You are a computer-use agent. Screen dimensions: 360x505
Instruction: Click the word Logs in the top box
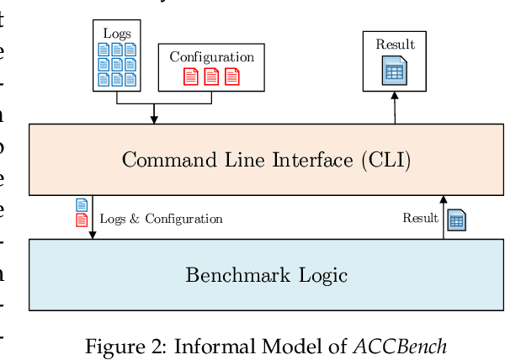[117, 33]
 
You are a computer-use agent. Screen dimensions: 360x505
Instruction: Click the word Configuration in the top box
[211, 57]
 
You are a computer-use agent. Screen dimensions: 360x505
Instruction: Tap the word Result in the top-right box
[395, 45]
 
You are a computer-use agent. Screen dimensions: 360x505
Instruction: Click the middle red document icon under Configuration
[211, 76]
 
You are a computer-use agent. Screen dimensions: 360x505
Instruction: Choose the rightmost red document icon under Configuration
[232, 76]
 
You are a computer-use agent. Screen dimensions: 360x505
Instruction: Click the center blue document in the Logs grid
[117, 64]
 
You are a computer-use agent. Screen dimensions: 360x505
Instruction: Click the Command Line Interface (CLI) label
[266, 160]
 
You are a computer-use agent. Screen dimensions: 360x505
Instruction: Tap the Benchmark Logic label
[266, 274]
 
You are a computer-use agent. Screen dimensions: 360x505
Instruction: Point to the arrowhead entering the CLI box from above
[153, 119]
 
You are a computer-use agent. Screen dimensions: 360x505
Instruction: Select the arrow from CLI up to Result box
[394, 108]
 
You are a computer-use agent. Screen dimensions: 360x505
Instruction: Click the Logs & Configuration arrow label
[161, 219]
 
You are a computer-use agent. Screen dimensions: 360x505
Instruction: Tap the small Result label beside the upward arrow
[420, 219]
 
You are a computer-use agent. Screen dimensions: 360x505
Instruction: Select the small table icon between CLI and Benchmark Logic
[458, 221]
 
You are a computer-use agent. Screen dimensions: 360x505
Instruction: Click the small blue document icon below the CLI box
[82, 205]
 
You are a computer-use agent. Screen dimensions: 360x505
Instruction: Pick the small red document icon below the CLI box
[82, 220]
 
